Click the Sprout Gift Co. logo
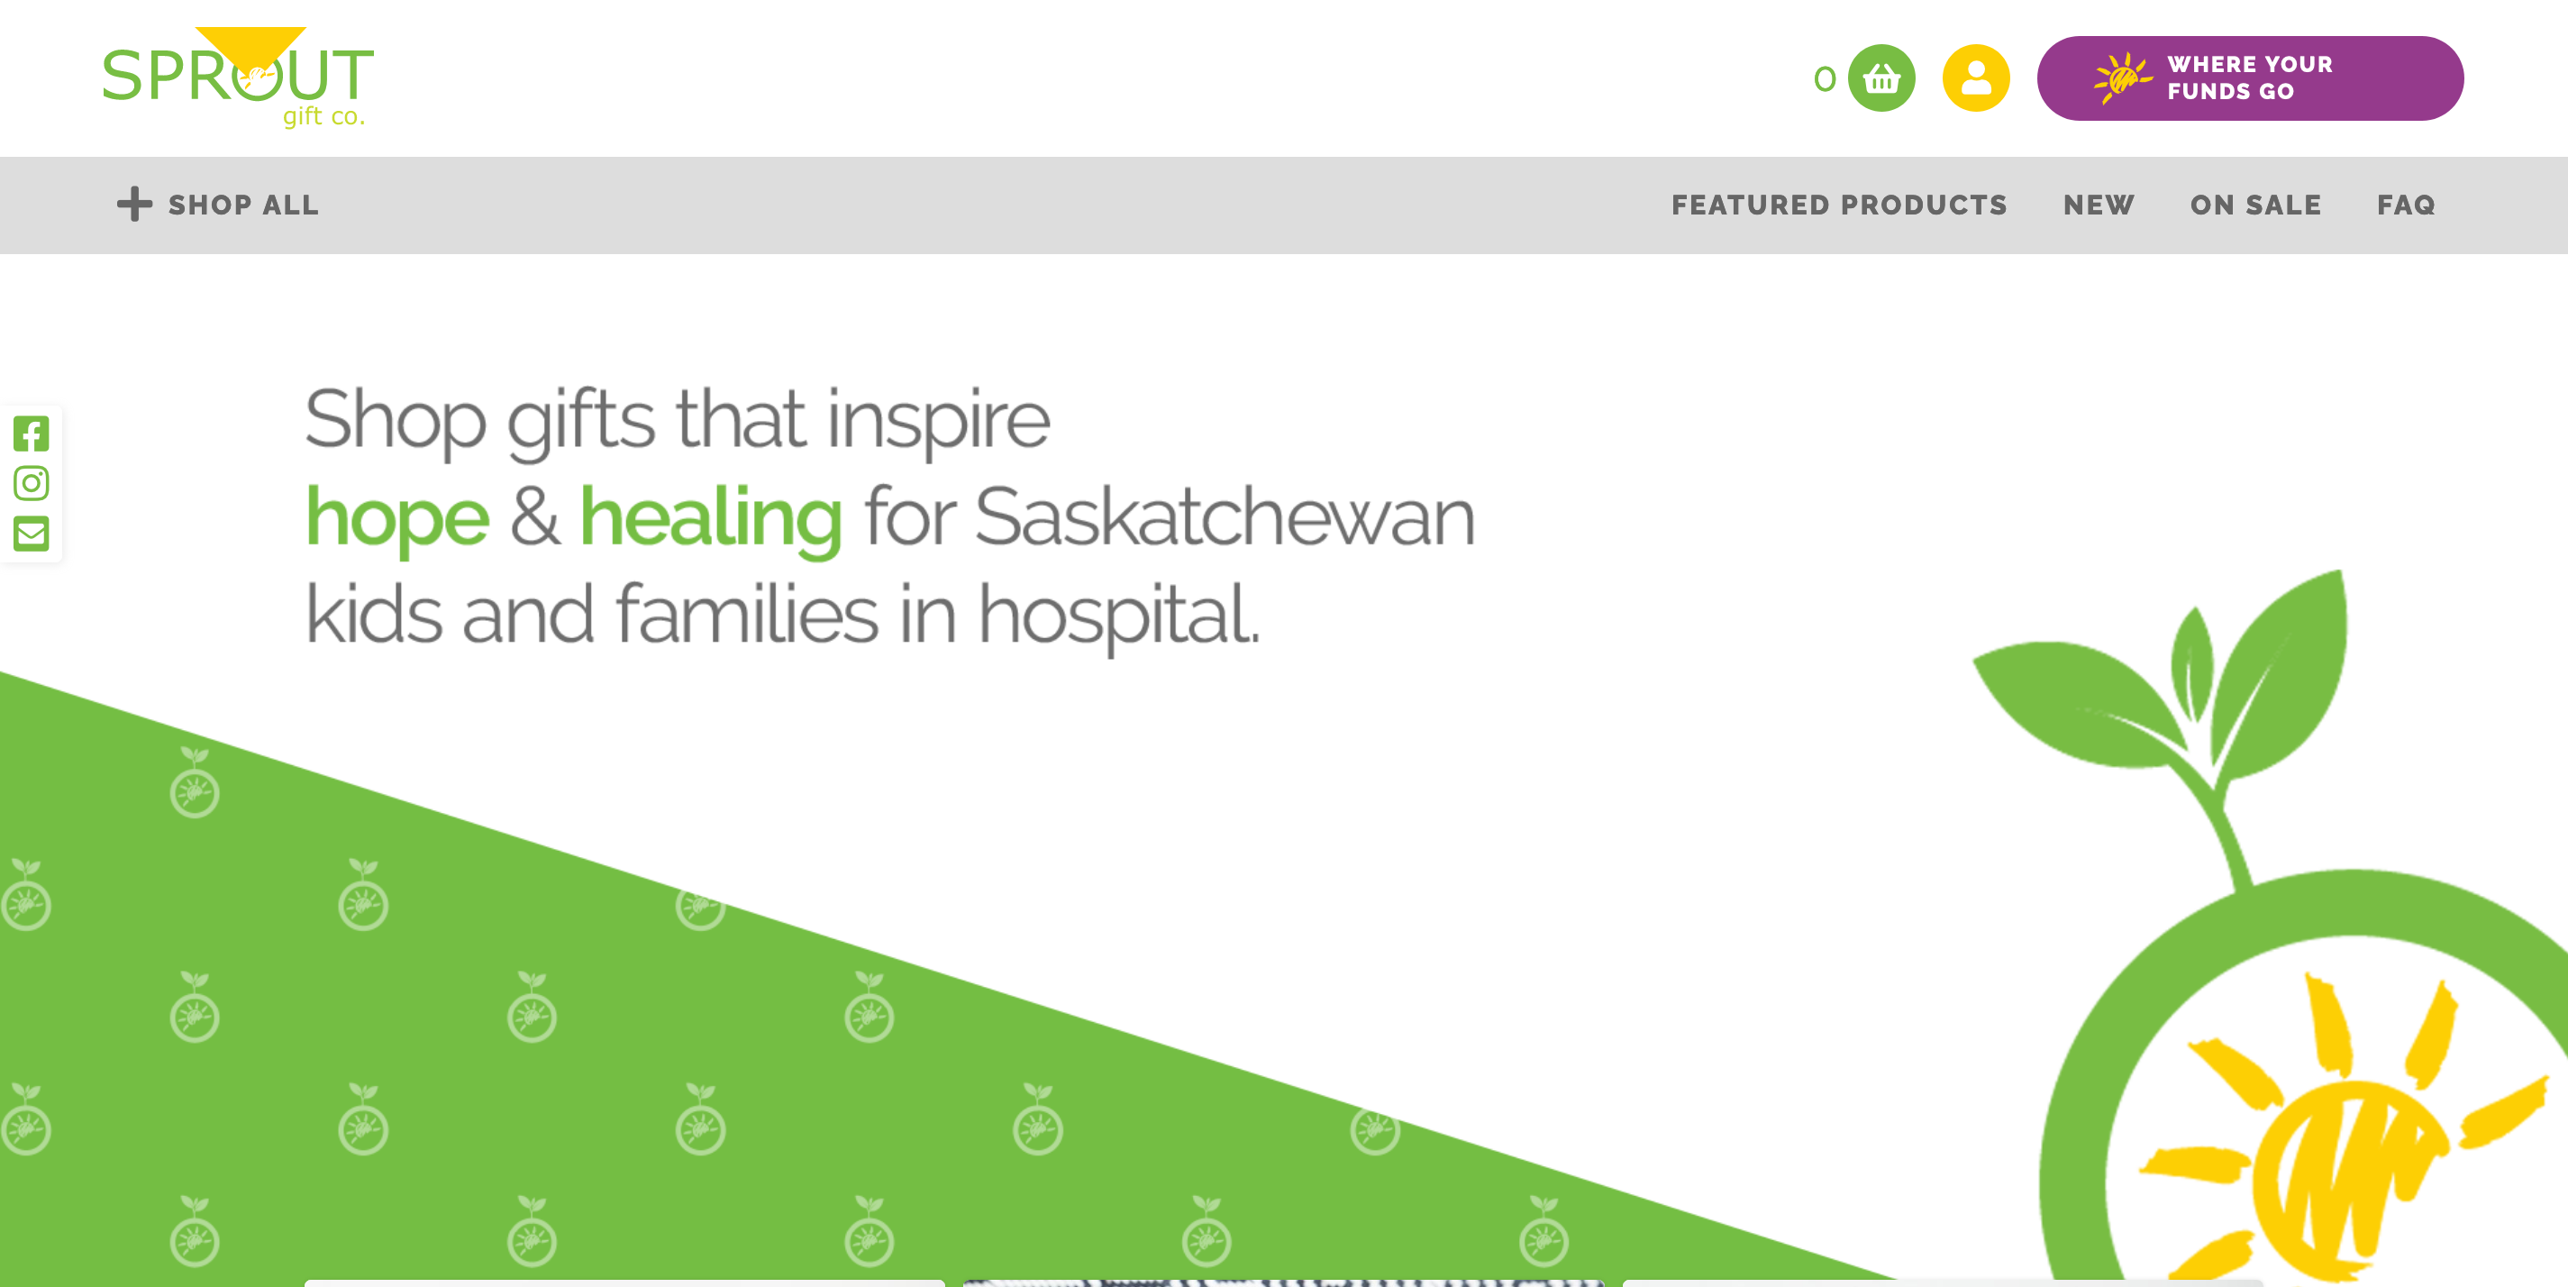(238, 78)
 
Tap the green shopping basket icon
(1881, 78)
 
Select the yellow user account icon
(1976, 78)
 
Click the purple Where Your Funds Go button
(2250, 78)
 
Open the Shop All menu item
(218, 205)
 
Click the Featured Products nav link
(1839, 205)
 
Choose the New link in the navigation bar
(2099, 205)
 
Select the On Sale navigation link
(2256, 205)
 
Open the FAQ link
(2406, 205)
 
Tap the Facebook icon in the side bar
(31, 434)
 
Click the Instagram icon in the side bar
(31, 483)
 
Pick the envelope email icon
(31, 534)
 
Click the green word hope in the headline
(396, 519)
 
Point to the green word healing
(711, 519)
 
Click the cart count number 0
(1825, 78)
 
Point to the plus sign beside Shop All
(134, 205)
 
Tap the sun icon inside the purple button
(2122, 78)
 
